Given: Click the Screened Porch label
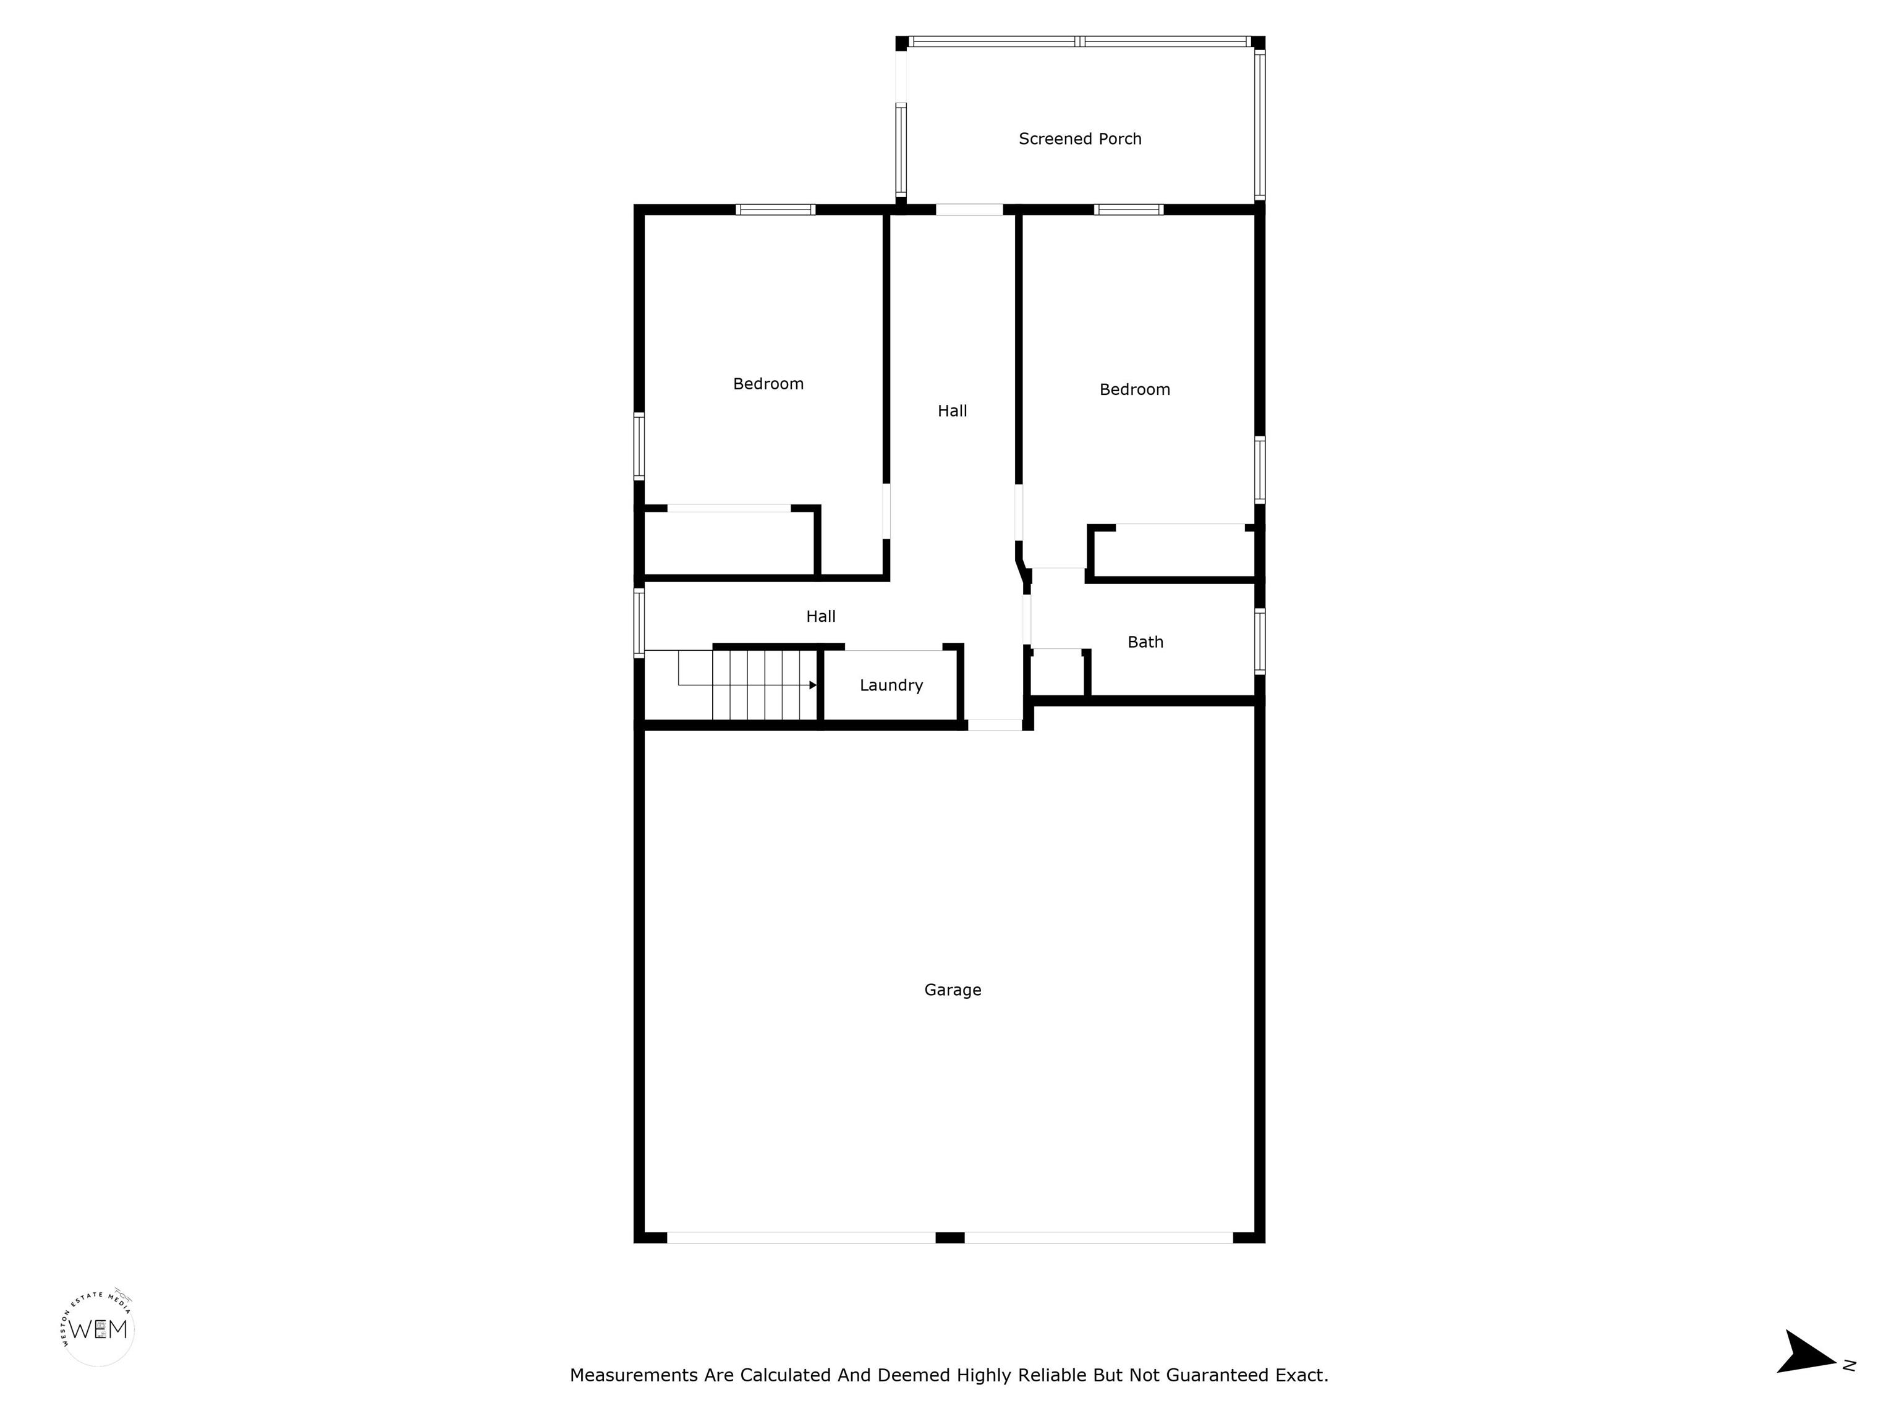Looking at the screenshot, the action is point(1080,139).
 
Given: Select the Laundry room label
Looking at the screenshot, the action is point(891,685).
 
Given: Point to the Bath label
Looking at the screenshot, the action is point(1145,642).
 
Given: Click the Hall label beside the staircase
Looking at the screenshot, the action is point(821,616).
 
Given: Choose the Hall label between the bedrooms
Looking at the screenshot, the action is point(952,411).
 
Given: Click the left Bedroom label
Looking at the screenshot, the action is point(768,384).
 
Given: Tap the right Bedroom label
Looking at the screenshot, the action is point(1135,390).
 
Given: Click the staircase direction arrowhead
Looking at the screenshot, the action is point(812,685).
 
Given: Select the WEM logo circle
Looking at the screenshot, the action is point(99,1329).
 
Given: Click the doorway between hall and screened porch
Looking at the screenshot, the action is point(969,210).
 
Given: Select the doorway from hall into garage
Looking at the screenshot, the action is point(995,726).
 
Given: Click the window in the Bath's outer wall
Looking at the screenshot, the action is point(1259,641).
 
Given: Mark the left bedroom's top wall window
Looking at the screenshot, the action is point(775,210).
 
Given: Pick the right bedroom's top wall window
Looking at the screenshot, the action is point(1129,210).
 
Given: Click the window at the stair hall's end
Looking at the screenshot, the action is point(639,622).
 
